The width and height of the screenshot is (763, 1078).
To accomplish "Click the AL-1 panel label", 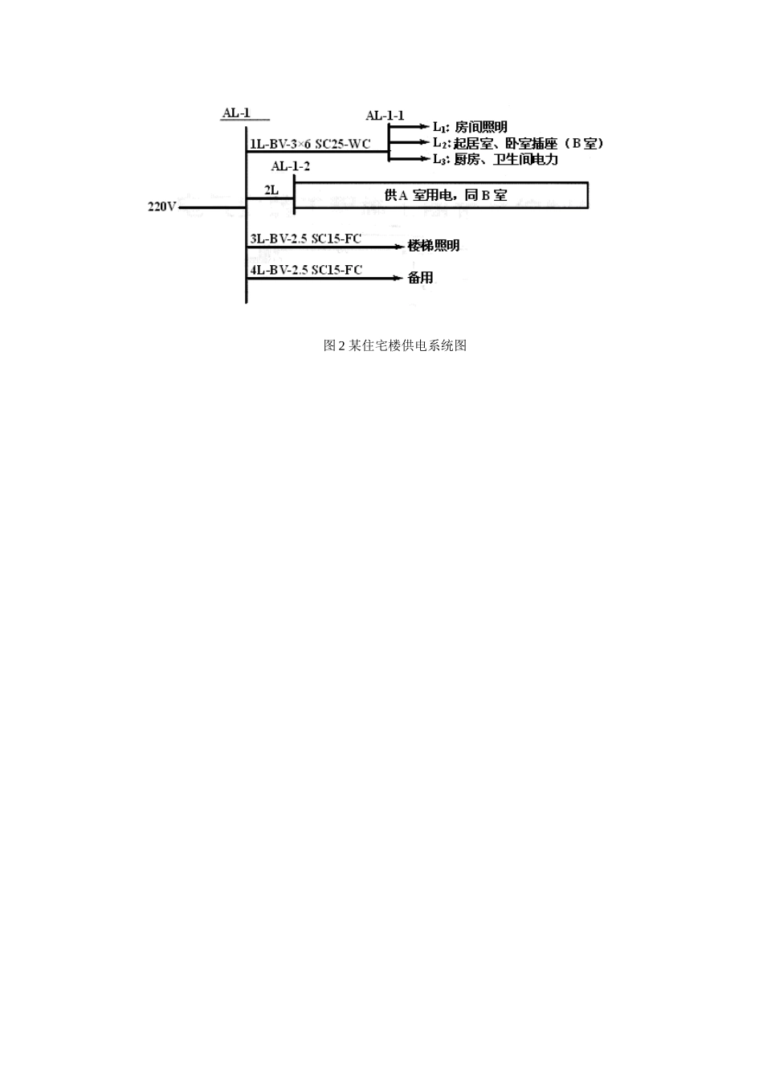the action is [x=236, y=113].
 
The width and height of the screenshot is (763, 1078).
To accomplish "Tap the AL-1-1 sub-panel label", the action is [x=385, y=116].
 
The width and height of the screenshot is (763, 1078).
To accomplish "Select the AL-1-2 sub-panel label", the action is [x=291, y=166].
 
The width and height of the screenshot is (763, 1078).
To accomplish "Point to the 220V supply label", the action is [x=162, y=207].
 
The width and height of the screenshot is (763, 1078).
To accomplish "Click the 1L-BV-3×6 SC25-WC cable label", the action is [x=310, y=144].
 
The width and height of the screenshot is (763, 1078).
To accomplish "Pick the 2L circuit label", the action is [x=271, y=190].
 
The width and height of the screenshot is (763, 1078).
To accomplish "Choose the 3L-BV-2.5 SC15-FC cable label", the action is [x=305, y=239].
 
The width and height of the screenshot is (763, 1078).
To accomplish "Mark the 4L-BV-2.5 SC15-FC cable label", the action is [x=306, y=270].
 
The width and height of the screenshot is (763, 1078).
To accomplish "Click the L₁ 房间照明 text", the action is [x=470, y=127].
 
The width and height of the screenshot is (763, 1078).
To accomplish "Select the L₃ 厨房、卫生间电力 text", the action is [x=496, y=159].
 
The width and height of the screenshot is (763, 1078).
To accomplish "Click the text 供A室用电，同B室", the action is [x=446, y=195].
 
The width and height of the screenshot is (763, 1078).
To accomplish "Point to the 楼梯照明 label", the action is [x=434, y=246].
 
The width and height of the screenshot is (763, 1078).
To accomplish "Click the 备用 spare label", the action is [x=421, y=278].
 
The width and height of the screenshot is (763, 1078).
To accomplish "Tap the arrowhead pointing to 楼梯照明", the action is [x=398, y=247].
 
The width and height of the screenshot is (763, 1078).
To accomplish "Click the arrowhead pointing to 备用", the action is [x=398, y=278].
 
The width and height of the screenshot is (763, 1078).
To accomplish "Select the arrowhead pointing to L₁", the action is [x=424, y=127].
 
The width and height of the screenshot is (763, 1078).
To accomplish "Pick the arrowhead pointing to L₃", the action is [x=424, y=158].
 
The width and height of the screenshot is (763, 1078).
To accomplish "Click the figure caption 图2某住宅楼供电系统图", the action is [x=395, y=345].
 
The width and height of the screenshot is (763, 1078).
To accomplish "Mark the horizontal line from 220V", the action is [x=212, y=208].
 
